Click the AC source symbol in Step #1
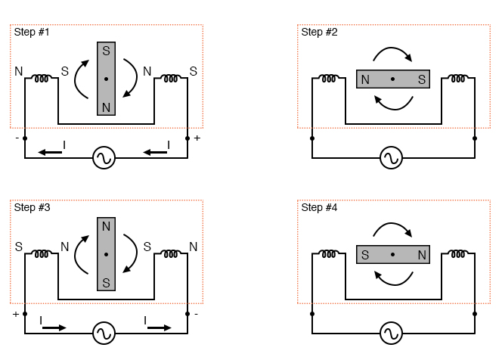coord(104,158)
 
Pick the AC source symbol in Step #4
coord(391,333)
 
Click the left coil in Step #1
coord(42,78)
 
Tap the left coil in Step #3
coord(42,253)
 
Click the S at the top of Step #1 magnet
coord(106,51)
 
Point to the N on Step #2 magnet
coord(366,79)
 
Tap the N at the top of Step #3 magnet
coord(106,225)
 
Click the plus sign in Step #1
coord(198,138)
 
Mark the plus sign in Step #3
coord(14,313)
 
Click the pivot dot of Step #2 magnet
coord(393,79)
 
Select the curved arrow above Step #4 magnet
coord(393,228)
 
